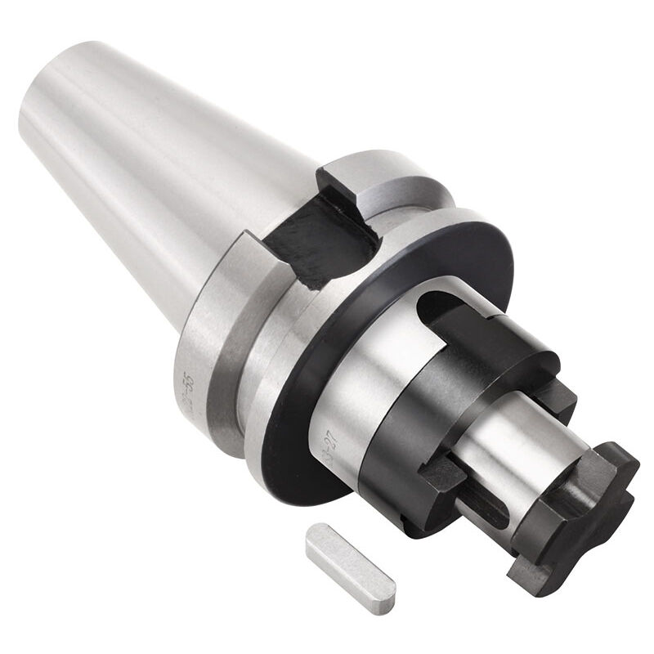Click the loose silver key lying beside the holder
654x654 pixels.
[351, 559]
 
